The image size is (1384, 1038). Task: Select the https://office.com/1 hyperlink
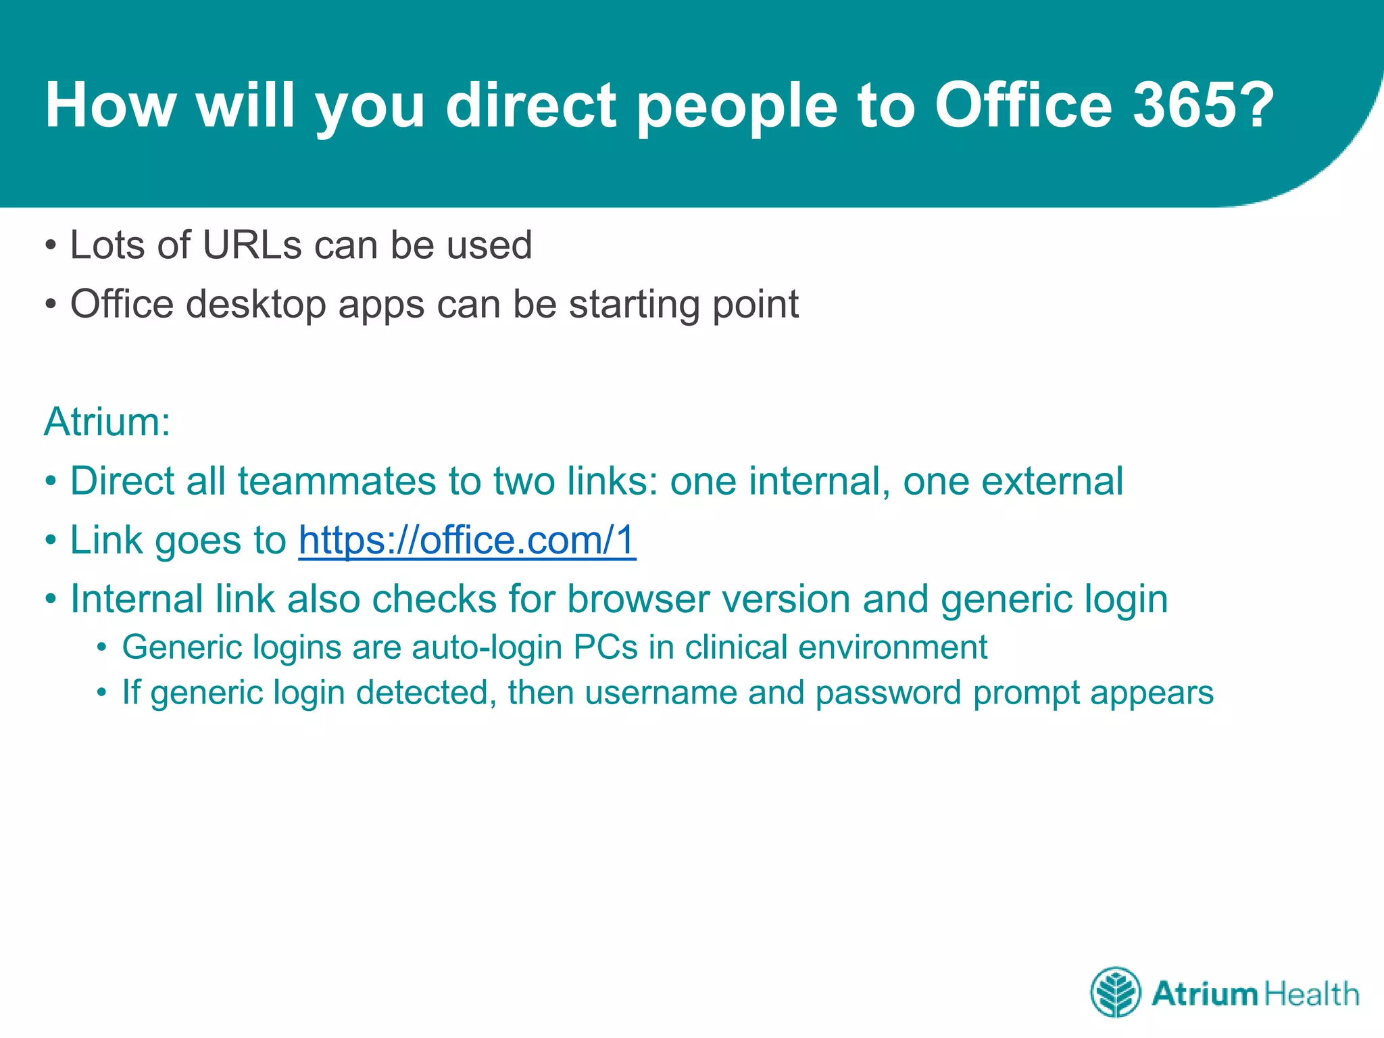467,540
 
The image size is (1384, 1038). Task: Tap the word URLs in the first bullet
252,245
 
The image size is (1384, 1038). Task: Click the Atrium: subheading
107,422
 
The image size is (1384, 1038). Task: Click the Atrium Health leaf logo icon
1116,992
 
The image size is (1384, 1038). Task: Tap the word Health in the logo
1311,994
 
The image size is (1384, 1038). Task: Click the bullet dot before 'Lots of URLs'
51,245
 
